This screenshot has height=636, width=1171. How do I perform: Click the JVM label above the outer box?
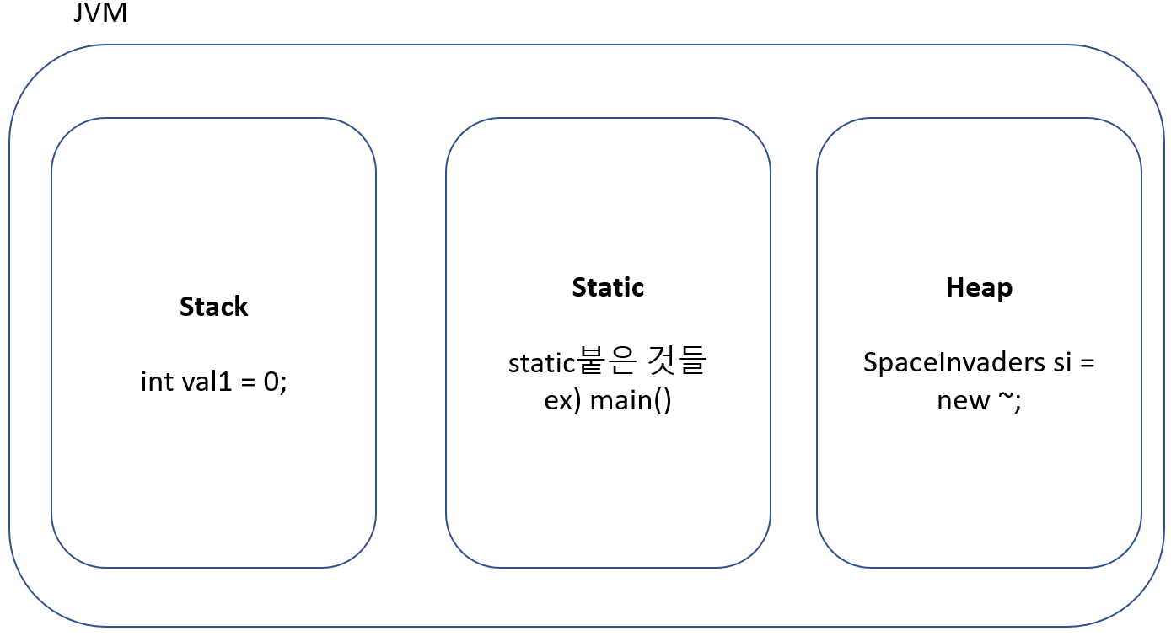100,13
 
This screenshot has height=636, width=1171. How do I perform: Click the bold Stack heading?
213,307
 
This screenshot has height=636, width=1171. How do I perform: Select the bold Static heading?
607,287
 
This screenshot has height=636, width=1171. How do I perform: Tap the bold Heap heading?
979,287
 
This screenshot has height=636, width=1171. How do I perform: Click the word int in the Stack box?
156,382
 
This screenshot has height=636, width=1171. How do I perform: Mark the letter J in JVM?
79,13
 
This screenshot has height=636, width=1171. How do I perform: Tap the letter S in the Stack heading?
186,307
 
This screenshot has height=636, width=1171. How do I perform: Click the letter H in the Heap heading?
954,287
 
